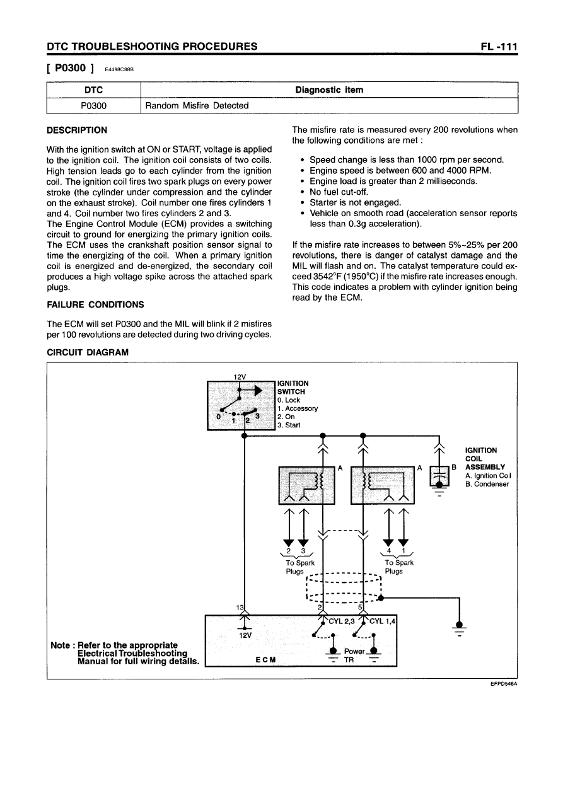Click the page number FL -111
(497, 46)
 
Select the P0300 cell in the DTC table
(93, 105)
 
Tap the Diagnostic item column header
(329, 90)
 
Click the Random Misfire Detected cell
(197, 105)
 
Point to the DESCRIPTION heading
(77, 130)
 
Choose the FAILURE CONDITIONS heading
(95, 304)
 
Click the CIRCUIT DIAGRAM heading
(88, 352)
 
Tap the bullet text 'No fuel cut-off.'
(339, 192)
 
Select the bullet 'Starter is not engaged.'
(355, 202)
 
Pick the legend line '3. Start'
(289, 425)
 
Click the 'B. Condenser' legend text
(487, 484)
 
